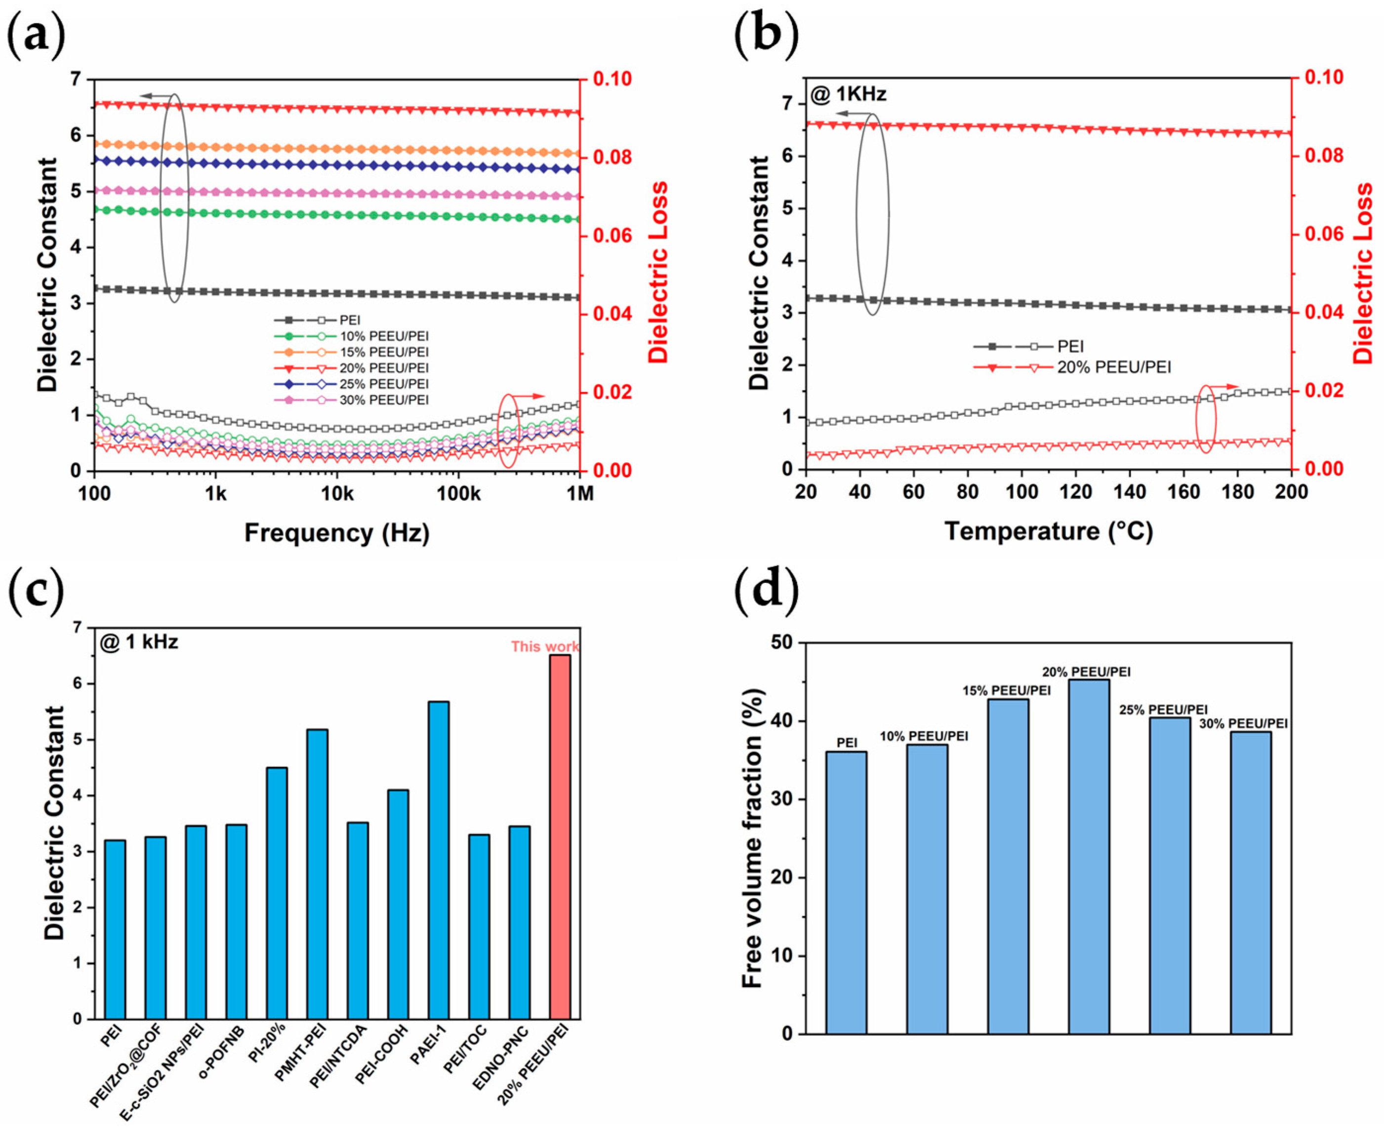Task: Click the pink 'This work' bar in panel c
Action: pyautogui.click(x=560, y=836)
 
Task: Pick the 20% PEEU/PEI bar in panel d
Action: pyautogui.click(x=1089, y=856)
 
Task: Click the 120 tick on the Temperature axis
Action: pyautogui.click(x=1075, y=492)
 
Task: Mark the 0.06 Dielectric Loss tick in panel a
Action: pyautogui.click(x=612, y=236)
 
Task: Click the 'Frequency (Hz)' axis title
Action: pyautogui.click(x=337, y=533)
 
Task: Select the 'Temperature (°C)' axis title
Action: pyautogui.click(x=1048, y=531)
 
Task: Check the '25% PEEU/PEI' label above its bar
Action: pyautogui.click(x=1163, y=709)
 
